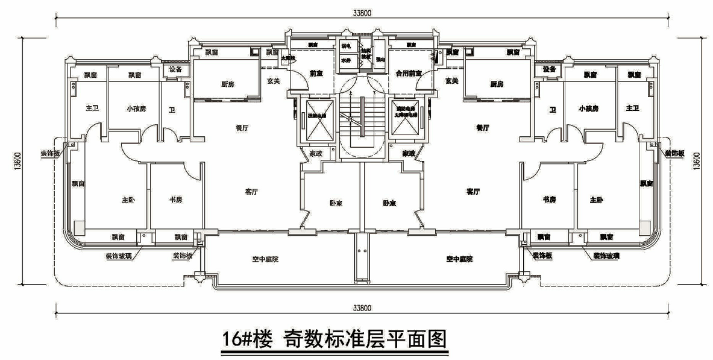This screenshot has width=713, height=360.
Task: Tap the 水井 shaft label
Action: pos(347,60)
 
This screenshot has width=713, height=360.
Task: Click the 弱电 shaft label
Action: pos(347,46)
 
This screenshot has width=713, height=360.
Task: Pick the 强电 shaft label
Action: pos(380,60)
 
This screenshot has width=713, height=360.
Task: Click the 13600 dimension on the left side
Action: pos(17,162)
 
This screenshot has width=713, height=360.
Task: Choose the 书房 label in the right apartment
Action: pos(548,199)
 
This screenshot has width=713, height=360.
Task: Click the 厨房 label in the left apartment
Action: pos(227,84)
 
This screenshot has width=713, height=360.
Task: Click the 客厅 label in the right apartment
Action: pos(473,191)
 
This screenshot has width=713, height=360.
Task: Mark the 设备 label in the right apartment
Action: pos(548,69)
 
